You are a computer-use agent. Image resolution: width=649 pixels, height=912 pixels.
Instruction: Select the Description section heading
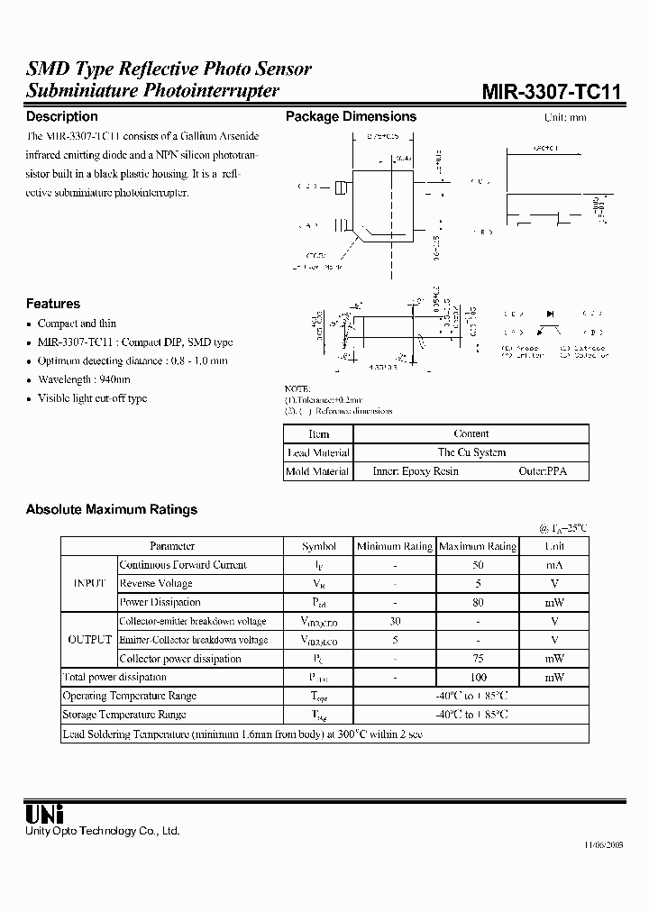[x=61, y=116]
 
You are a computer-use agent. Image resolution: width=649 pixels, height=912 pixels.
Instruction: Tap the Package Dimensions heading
[x=351, y=116]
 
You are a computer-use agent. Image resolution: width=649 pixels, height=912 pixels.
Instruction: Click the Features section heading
[x=52, y=304]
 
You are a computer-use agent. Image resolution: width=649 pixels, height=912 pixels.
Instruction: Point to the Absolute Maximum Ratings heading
[x=111, y=509]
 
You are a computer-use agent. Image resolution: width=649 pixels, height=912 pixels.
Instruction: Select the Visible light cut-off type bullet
[x=92, y=398]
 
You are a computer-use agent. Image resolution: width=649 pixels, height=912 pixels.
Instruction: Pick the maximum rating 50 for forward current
[x=478, y=565]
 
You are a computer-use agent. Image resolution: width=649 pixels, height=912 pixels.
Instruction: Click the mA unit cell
[x=554, y=565]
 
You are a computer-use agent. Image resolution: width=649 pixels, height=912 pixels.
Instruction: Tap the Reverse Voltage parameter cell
[x=155, y=584]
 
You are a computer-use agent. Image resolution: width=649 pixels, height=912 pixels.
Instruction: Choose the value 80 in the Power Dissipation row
[x=478, y=602]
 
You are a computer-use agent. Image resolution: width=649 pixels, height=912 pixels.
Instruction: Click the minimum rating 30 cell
[x=394, y=621]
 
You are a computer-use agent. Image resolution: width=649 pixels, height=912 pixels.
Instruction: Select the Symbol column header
[x=319, y=546]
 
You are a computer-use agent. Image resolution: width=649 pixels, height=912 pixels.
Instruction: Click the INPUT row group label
[x=88, y=584]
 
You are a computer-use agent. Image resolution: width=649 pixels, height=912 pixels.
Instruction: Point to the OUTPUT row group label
[x=88, y=640]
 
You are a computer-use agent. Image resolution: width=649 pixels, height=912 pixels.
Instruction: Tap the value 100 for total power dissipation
[x=478, y=677]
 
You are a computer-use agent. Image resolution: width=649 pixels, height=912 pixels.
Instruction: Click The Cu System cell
[x=471, y=452]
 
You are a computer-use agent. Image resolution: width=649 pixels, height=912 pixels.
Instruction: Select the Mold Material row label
[x=317, y=471]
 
